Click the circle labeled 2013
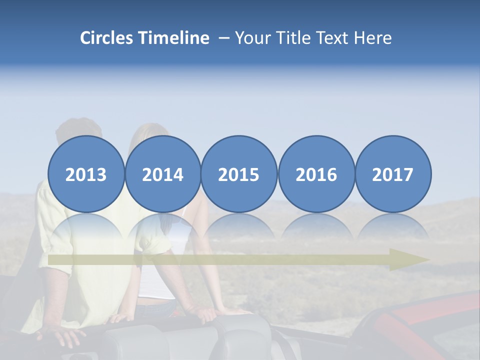(86, 174)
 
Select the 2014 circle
(163, 174)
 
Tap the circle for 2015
(239, 174)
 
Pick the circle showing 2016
(316, 174)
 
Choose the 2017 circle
(393, 174)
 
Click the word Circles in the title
(107, 38)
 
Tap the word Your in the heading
(252, 38)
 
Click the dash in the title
(224, 38)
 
